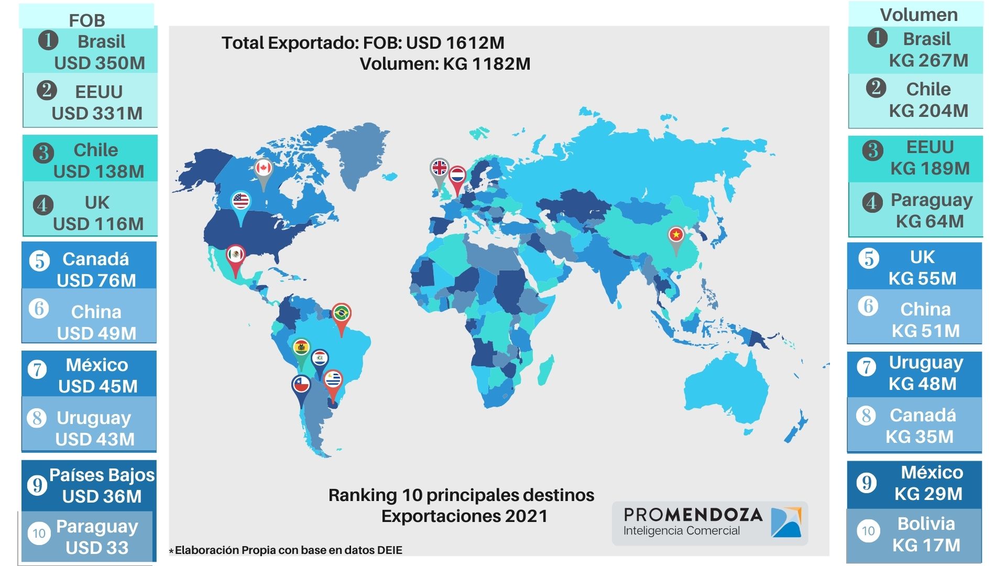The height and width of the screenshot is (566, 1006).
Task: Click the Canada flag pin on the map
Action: (263, 169)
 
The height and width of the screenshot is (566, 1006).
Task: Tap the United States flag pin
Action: (240, 201)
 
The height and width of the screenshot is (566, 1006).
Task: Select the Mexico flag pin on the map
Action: (236, 256)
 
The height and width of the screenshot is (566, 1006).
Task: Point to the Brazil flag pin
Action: (342, 314)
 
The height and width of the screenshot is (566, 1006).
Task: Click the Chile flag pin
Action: (301, 386)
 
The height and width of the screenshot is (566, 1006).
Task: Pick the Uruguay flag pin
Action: (333, 380)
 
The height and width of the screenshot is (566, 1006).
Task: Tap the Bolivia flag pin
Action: (301, 349)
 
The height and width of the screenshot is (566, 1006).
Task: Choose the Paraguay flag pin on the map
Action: (320, 359)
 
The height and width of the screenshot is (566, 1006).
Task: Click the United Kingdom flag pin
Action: (439, 168)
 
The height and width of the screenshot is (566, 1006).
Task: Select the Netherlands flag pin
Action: (458, 176)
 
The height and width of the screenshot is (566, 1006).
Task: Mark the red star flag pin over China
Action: (676, 235)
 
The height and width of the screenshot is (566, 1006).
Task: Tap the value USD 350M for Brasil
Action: (100, 63)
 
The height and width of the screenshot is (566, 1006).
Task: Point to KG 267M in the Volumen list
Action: (928, 60)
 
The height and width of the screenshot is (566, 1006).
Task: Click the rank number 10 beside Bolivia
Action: (868, 531)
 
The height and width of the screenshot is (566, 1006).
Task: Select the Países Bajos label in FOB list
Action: (102, 475)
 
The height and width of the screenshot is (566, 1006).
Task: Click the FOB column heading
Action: (87, 20)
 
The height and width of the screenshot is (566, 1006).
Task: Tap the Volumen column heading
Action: (918, 15)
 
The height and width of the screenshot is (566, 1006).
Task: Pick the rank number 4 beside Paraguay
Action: (872, 202)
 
